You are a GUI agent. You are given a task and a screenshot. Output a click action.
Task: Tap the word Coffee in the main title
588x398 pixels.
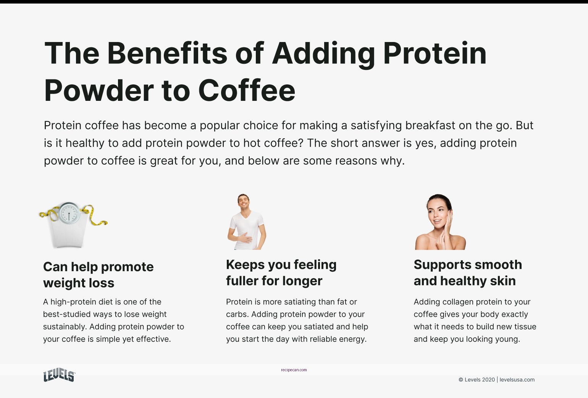[x=247, y=91]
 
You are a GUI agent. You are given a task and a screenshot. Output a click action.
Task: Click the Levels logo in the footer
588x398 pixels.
[x=59, y=375]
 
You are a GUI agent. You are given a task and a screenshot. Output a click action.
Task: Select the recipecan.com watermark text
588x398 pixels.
[x=294, y=370]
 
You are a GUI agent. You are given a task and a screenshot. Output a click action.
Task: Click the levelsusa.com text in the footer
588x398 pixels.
[x=517, y=380]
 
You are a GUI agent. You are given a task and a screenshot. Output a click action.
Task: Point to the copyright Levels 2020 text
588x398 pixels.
[x=477, y=380]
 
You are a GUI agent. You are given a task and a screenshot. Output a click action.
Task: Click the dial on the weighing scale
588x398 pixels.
[x=69, y=213]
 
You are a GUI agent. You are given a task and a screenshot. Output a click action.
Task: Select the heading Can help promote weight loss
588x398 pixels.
[x=98, y=275]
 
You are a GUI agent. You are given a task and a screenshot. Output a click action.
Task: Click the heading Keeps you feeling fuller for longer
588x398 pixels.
[x=281, y=273]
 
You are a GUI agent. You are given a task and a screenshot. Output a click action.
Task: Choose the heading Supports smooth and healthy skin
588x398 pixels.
[x=467, y=273]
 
